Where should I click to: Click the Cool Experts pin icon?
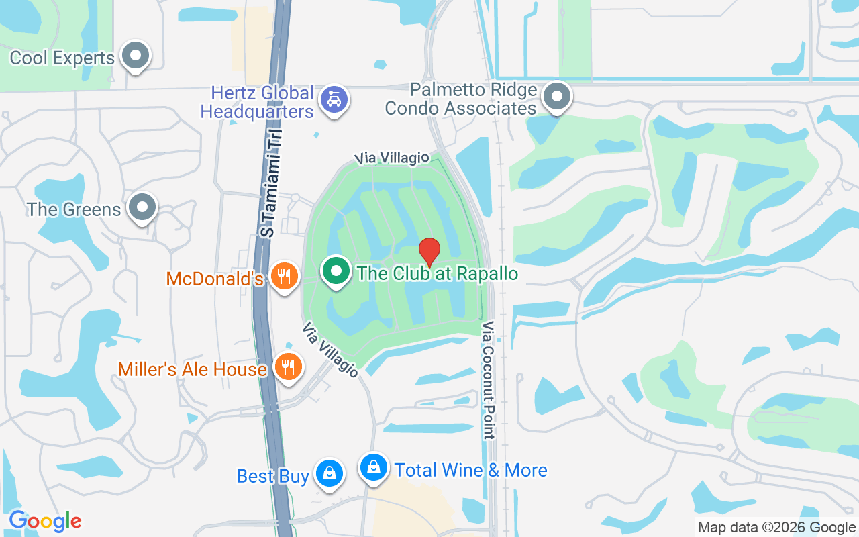136,56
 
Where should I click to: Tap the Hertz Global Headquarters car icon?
334,100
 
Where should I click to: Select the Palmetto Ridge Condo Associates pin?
556,97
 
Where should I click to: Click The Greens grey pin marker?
142,207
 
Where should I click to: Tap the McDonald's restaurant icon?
285,276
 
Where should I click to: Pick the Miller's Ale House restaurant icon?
289,367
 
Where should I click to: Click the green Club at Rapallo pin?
336,271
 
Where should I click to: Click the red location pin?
429,252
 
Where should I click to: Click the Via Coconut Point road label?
488,380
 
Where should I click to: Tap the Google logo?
45,521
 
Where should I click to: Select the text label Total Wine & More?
471,470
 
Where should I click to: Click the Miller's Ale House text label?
193,369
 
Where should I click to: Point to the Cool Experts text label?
62,58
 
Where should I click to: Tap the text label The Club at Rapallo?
438,273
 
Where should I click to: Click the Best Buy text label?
272,476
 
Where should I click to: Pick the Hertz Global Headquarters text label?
258,101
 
